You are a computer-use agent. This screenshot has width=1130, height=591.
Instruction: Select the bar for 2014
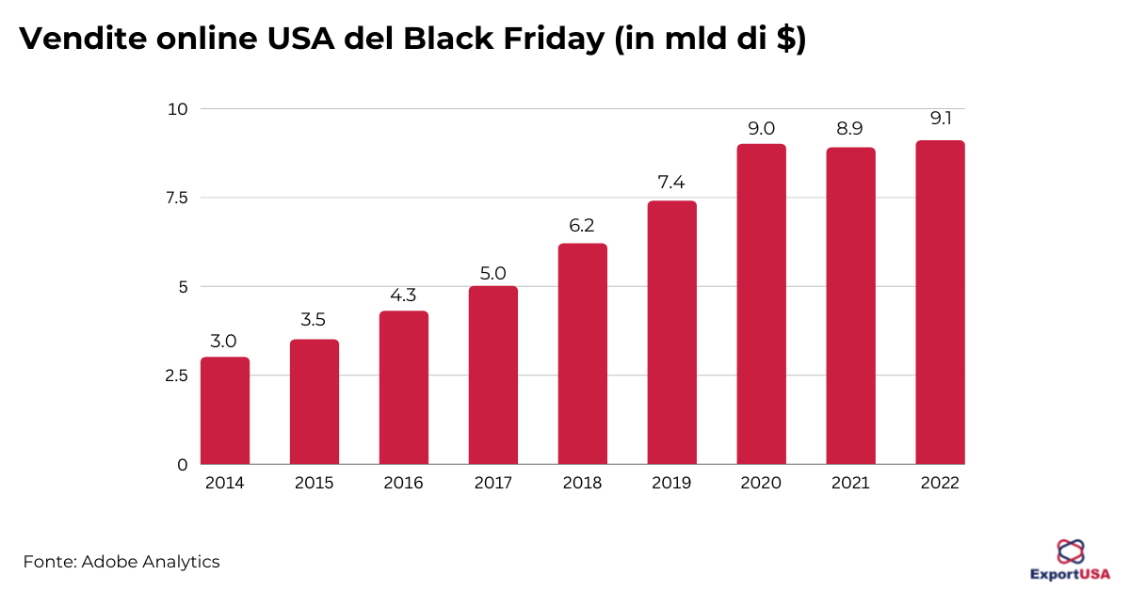click(x=225, y=411)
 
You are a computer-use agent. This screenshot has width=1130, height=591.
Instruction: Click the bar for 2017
click(x=492, y=375)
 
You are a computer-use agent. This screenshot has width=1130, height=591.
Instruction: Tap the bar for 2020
click(x=761, y=304)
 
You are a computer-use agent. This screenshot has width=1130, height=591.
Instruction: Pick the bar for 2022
click(x=940, y=302)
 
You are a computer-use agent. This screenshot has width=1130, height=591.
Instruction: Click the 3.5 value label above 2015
click(x=314, y=321)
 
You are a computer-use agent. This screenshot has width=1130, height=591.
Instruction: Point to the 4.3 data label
click(x=403, y=295)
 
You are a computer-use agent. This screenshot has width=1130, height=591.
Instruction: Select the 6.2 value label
click(x=582, y=226)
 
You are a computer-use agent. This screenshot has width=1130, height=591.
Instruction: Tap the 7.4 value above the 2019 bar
click(x=671, y=183)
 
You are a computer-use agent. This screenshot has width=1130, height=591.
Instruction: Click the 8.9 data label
click(x=850, y=129)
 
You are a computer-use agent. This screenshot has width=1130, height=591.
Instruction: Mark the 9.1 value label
click(x=940, y=120)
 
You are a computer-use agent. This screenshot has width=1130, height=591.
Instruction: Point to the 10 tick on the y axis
click(x=177, y=109)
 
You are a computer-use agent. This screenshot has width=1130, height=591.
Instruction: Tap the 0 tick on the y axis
click(x=183, y=465)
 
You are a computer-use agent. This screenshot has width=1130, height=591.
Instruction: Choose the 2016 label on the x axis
click(x=403, y=484)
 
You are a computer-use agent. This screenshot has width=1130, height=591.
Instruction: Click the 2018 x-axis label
click(x=582, y=484)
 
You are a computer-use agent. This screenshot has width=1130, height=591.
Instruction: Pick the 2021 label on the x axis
click(x=850, y=484)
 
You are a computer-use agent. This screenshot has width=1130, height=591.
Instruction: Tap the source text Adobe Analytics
click(x=150, y=562)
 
